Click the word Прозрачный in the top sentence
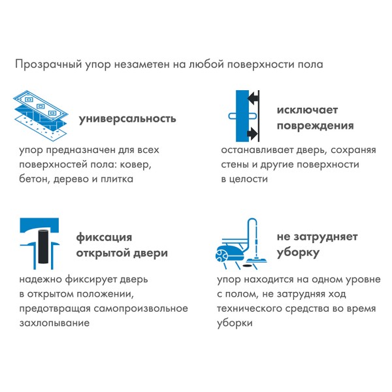coord(44,65)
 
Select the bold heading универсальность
coord(127,119)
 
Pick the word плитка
coord(118,178)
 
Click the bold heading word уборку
coord(298,252)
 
